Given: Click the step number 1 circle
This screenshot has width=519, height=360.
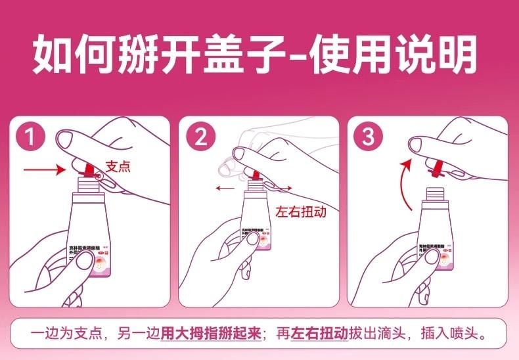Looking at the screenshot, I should click(x=30, y=137).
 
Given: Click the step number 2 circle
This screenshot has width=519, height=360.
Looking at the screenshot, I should click(x=200, y=137).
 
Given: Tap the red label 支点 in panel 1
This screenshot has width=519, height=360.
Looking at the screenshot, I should click(x=118, y=166).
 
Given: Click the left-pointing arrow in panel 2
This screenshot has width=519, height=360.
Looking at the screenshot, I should click(x=225, y=188).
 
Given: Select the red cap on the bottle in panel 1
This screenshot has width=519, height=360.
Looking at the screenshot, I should click(x=85, y=173).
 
